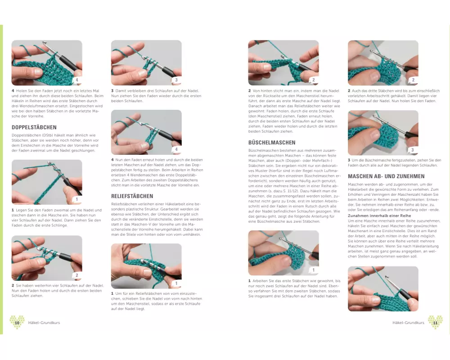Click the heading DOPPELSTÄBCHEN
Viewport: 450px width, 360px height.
click(34, 127)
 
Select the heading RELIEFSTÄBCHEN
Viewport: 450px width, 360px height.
click(132, 196)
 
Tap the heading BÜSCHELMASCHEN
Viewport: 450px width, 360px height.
click(272, 143)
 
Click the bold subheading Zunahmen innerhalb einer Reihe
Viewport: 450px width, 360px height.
click(379, 216)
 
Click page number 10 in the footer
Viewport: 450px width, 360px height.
click(17, 323)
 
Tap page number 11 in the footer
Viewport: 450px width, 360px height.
click(435, 323)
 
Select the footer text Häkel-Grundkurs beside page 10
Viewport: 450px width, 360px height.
click(44, 323)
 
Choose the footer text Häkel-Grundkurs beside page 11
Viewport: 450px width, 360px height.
click(408, 323)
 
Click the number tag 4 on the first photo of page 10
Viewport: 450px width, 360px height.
click(76, 80)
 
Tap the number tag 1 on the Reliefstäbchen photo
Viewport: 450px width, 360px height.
click(176, 283)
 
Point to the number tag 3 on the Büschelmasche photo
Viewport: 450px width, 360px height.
click(413, 150)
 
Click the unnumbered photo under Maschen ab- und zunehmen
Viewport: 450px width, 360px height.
click(383, 289)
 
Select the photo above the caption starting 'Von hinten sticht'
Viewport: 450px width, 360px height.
click(283, 63)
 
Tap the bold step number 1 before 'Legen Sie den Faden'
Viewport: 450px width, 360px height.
click(13, 210)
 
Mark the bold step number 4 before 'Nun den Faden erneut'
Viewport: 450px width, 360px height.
click(112, 160)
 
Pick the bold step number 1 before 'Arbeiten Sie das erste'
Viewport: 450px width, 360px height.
click(250, 281)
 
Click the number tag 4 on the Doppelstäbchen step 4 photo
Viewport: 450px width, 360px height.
click(176, 149)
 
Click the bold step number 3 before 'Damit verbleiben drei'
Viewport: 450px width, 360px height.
click(112, 91)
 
